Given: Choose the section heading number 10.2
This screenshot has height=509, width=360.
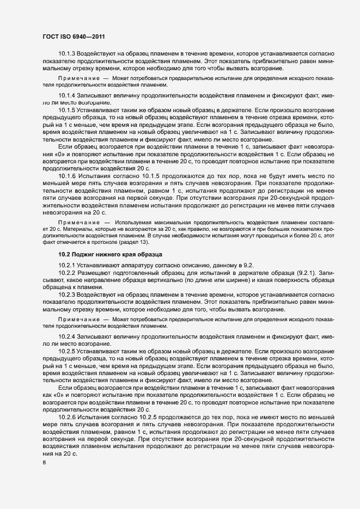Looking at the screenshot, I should (65, 255).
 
